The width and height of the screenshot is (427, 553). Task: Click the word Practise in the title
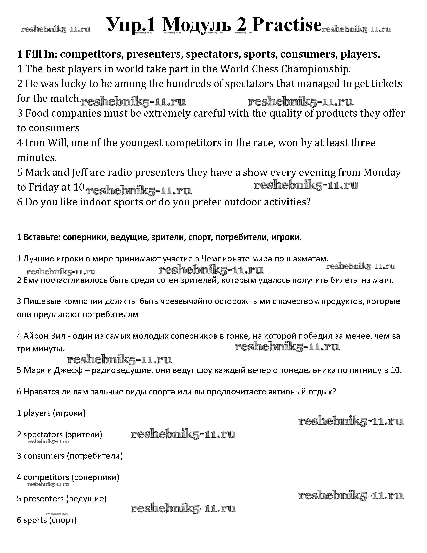click(x=287, y=25)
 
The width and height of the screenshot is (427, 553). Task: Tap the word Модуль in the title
click(x=197, y=25)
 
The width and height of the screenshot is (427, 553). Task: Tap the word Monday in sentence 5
click(x=382, y=172)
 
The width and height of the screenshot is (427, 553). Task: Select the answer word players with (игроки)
click(x=37, y=413)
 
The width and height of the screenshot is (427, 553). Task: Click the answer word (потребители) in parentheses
click(x=95, y=456)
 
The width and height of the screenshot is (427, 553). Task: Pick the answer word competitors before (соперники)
click(x=46, y=477)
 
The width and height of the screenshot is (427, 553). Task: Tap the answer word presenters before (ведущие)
click(x=43, y=499)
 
